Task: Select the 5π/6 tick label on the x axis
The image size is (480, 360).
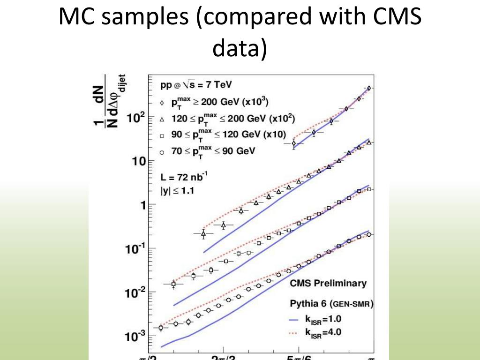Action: pyautogui.click(x=298, y=357)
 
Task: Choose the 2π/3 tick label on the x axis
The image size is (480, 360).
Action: pyautogui.click(x=224, y=357)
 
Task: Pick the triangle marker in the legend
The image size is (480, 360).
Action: pyautogui.click(x=161, y=119)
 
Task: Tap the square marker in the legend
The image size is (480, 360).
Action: pyautogui.click(x=161, y=135)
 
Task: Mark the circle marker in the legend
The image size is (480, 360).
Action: pyautogui.click(x=161, y=152)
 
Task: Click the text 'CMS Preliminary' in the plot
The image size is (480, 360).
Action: pyautogui.click(x=328, y=283)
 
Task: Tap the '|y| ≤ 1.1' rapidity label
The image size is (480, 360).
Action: pyautogui.click(x=178, y=191)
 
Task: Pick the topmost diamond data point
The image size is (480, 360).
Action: pyautogui.click(x=369, y=88)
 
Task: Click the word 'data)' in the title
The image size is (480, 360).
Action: pyautogui.click(x=240, y=49)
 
